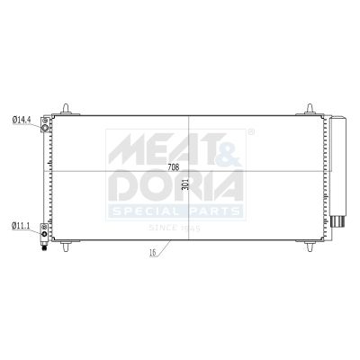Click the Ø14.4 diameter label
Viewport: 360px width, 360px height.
tap(22, 120)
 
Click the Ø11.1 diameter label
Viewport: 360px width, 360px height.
tap(21, 226)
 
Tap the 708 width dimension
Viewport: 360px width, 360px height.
tap(173, 167)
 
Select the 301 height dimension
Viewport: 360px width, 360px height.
tap(184, 184)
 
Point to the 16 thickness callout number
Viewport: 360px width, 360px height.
tap(152, 253)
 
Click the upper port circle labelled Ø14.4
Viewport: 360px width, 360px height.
tap(45, 128)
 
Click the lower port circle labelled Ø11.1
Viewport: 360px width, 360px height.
tap(44, 234)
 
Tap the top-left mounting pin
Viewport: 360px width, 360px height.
tap(66, 109)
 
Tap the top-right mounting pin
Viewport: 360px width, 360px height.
tap(310, 109)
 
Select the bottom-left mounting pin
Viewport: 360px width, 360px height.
tap(66, 246)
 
